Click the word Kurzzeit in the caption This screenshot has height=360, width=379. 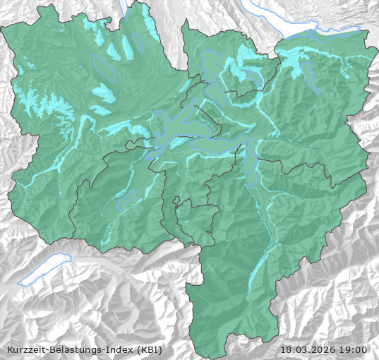click(x=25, y=349)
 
